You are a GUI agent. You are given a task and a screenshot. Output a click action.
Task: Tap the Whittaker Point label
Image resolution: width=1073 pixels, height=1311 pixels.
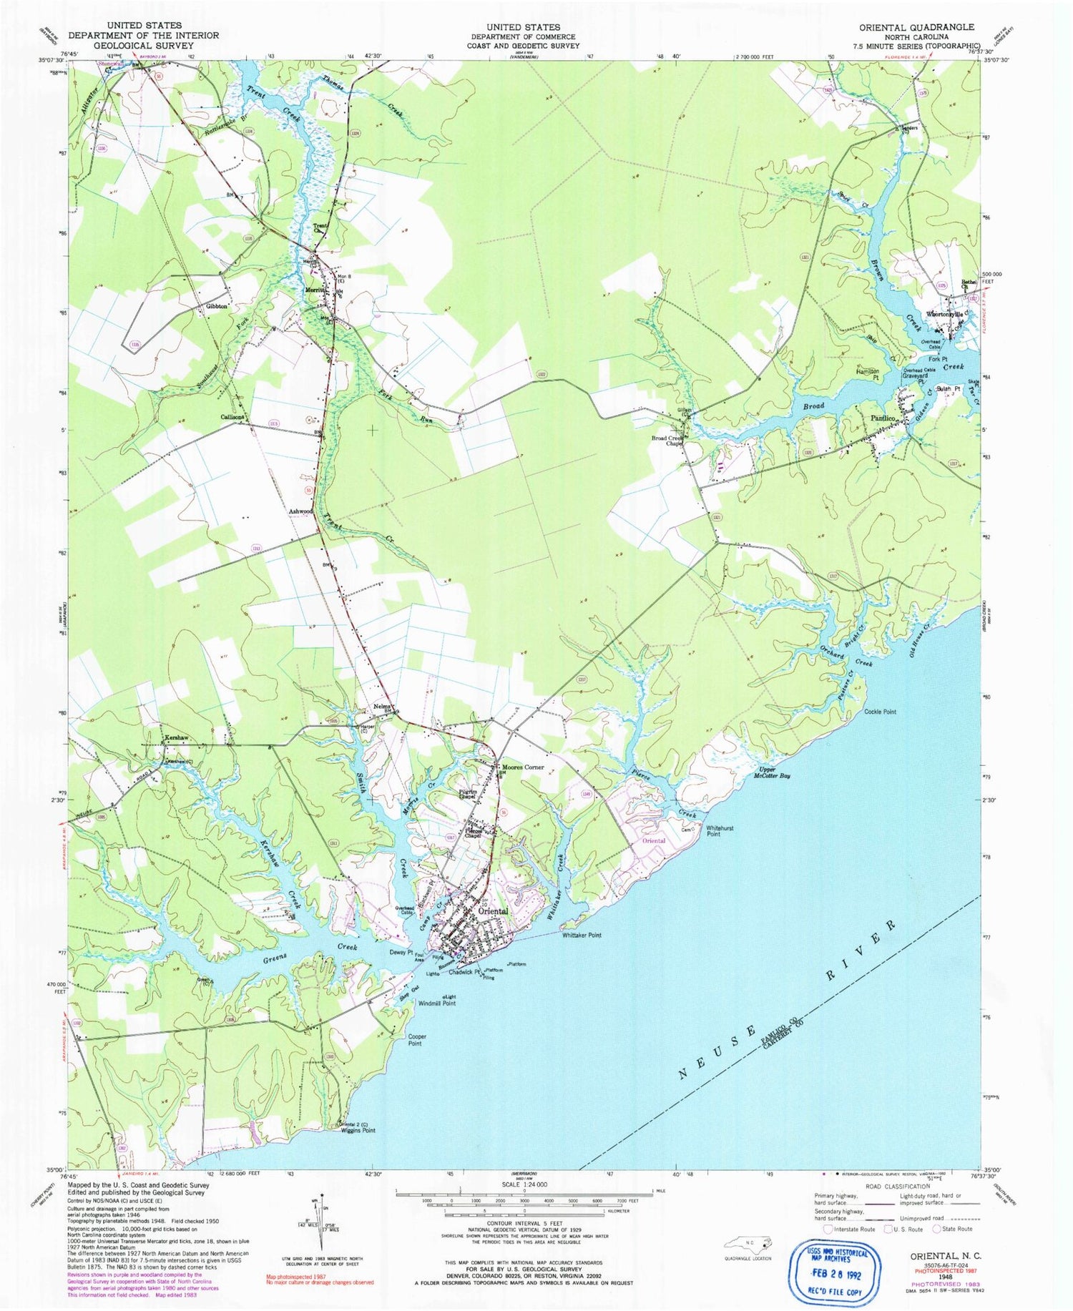[x=581, y=936]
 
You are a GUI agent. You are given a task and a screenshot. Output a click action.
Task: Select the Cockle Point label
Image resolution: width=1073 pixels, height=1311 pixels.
[x=880, y=712]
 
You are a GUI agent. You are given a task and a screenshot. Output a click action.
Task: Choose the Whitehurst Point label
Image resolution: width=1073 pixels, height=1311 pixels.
[x=720, y=831]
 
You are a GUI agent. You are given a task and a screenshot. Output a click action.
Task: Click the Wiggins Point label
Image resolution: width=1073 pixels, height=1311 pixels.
[x=358, y=1131]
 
